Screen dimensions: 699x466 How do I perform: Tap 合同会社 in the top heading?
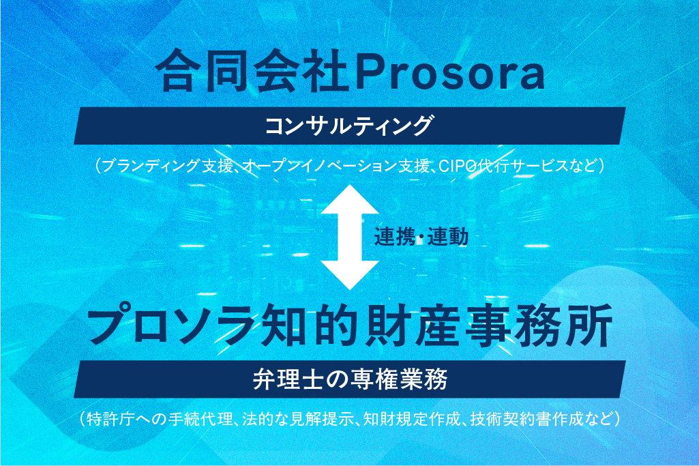point(251,72)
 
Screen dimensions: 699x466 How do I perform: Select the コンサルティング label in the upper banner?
point(348,126)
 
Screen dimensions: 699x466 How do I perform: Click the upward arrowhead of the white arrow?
point(350,199)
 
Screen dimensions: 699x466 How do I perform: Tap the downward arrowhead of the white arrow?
point(350,276)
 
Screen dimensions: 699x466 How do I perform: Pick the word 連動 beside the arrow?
point(448,236)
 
